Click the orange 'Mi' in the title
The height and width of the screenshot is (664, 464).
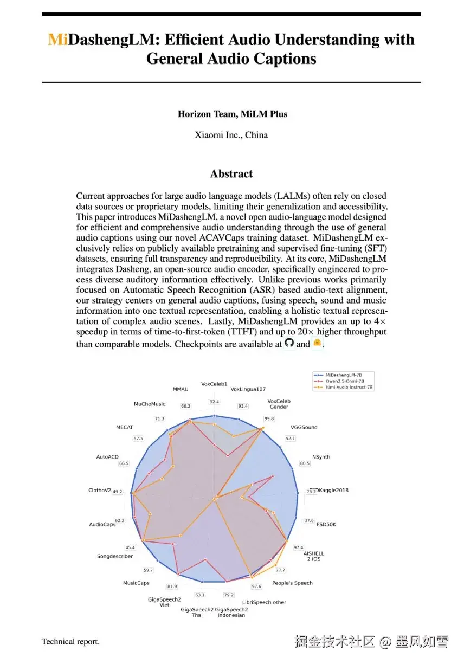[57, 40]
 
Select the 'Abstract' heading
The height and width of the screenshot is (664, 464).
[231, 174]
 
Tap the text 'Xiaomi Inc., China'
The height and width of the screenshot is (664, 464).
[231, 135]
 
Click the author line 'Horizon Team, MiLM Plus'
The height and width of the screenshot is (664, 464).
[232, 114]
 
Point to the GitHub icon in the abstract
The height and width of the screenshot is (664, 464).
[289, 343]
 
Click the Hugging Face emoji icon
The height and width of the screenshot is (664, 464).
[317, 343]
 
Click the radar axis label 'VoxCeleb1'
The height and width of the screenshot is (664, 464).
[214, 384]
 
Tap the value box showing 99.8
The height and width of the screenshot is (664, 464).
[269, 418]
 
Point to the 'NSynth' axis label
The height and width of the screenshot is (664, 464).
[321, 457]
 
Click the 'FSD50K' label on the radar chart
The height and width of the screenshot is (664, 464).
[326, 525]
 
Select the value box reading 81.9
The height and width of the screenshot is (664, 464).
[172, 586]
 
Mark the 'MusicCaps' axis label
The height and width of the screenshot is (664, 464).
[136, 583]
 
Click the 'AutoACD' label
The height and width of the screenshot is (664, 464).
[107, 457]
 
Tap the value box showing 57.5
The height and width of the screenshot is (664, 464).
[138, 438]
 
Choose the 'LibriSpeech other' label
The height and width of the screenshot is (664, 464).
[264, 602]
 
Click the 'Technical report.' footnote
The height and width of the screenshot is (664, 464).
[70, 642]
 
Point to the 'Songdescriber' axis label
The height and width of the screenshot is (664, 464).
[115, 556]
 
